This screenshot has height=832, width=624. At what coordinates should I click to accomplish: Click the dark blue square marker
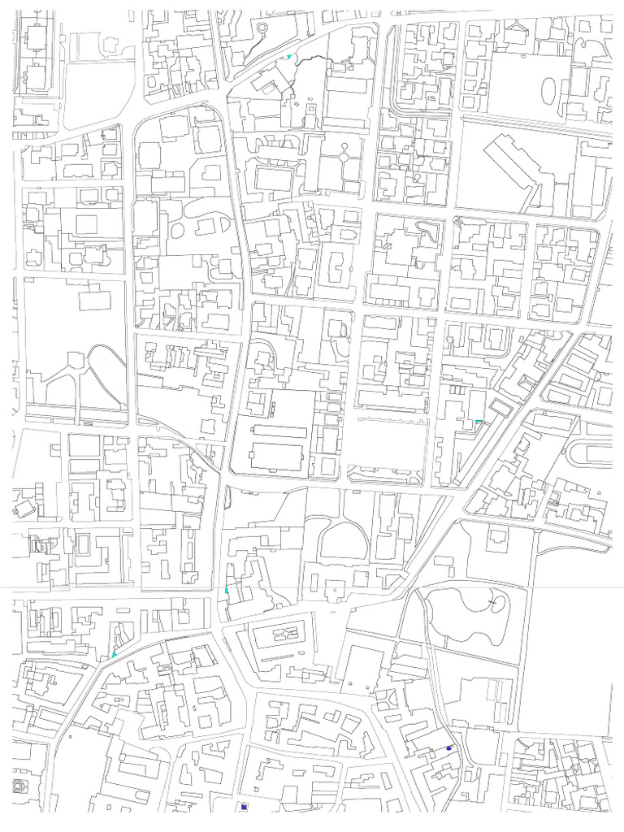242,807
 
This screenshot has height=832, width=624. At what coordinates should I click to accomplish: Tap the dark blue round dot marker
448,747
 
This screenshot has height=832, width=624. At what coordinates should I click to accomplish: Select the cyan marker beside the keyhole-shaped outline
288,57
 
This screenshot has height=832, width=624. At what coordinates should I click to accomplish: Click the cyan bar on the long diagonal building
479,421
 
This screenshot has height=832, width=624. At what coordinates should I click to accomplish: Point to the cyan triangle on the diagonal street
115,653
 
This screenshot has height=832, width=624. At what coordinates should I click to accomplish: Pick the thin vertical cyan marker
227,590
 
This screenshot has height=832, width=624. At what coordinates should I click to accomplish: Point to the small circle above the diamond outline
344,146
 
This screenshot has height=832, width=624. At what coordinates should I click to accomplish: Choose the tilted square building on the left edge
24,509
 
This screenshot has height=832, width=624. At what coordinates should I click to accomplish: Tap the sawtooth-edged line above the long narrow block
392,419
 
